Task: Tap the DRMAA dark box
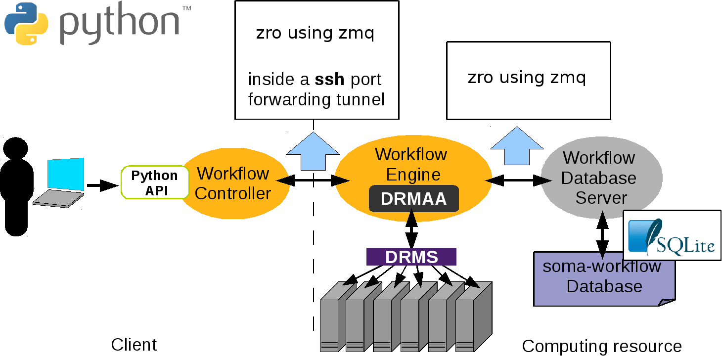pyautogui.click(x=414, y=199)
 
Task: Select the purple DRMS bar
pyautogui.click(x=411, y=257)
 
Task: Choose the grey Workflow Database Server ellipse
pyautogui.click(x=601, y=178)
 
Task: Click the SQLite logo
pyautogui.click(x=671, y=235)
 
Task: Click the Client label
pyautogui.click(x=134, y=345)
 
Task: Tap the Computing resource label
pyautogui.click(x=602, y=346)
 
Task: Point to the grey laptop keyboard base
pyautogui.click(x=58, y=199)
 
